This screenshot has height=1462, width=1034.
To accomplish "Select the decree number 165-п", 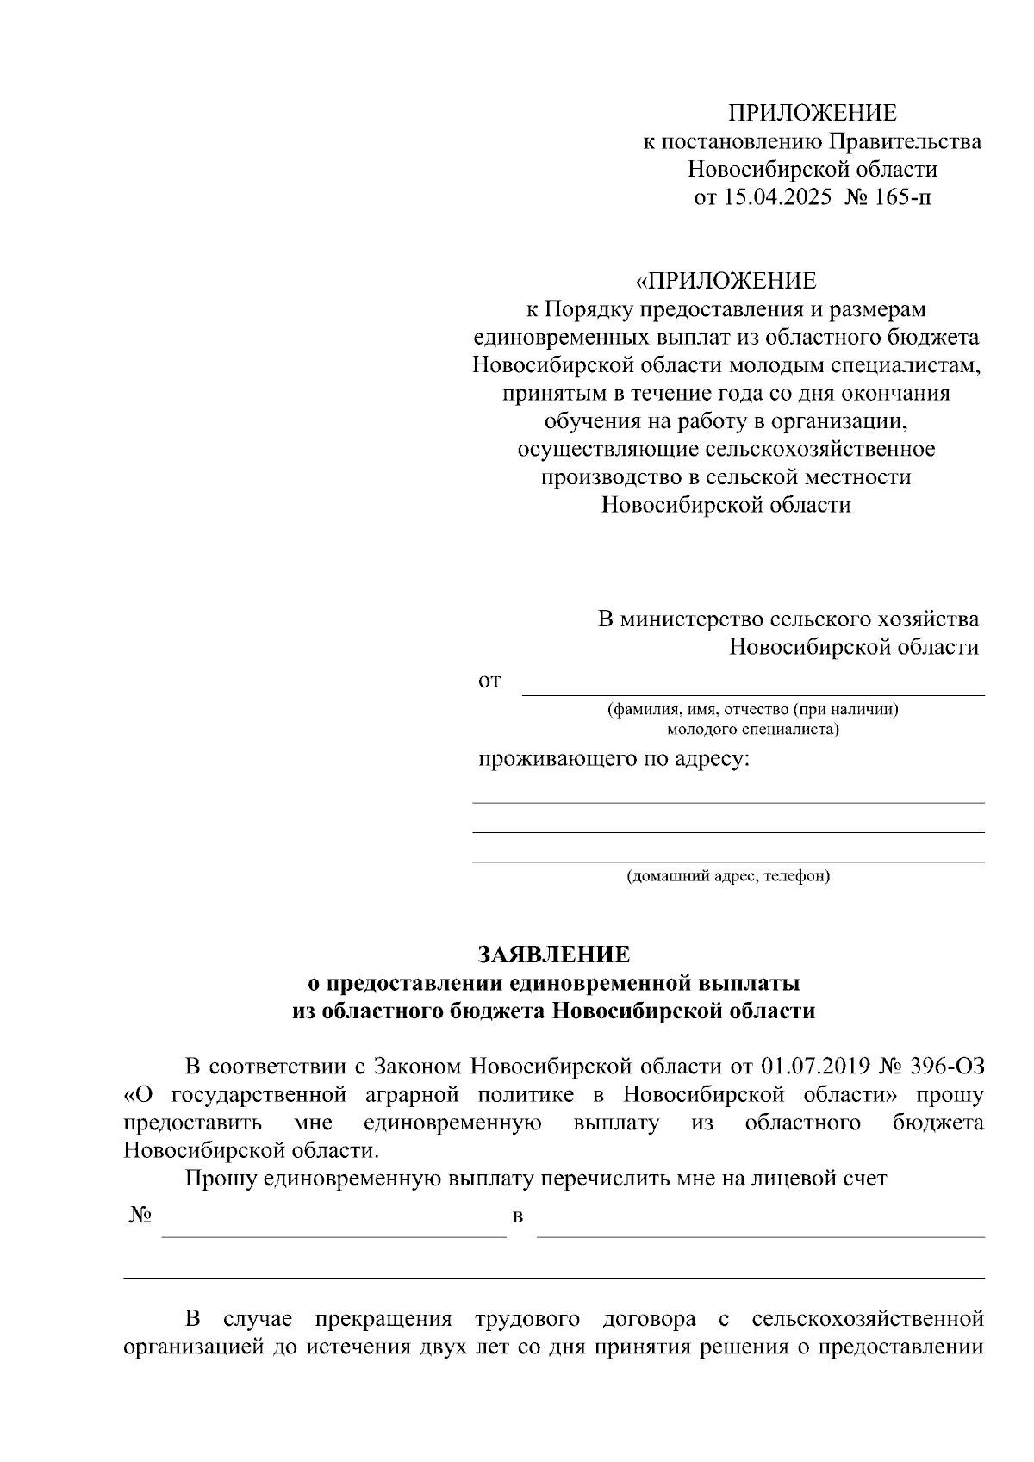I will coord(902,197).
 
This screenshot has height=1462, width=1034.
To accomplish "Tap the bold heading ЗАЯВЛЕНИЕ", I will coord(554,954).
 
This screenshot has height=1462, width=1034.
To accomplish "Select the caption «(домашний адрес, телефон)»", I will coord(728,877).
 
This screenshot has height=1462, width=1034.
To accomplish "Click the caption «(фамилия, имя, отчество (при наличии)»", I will coord(753,710).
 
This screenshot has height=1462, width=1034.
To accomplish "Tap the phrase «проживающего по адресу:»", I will coord(614,760).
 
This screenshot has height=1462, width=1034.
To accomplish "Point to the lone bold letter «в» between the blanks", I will coord(518,1217).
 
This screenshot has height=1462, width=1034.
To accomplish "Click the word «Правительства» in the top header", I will coord(906,140).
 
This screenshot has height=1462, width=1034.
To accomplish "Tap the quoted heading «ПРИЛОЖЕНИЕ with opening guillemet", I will coord(726,281).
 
